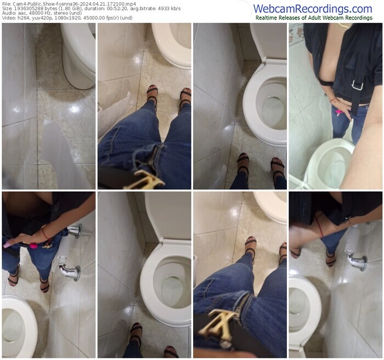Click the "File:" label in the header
pos(6,4)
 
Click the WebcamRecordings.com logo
pos(313,9)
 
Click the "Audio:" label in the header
pos(8,13)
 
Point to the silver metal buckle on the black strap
pos(358,85)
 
